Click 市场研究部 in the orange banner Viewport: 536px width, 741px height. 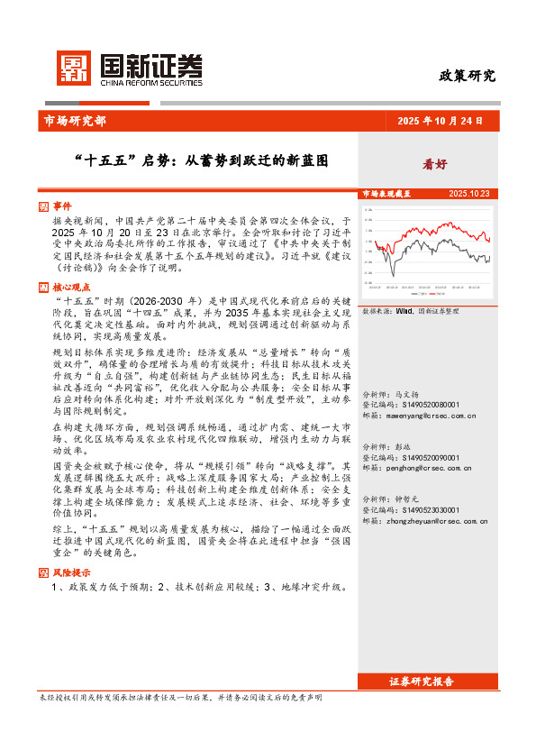point(74,121)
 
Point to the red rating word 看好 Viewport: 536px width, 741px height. point(435,164)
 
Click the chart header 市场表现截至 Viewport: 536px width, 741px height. point(386,194)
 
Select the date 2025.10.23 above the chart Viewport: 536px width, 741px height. point(468,194)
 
